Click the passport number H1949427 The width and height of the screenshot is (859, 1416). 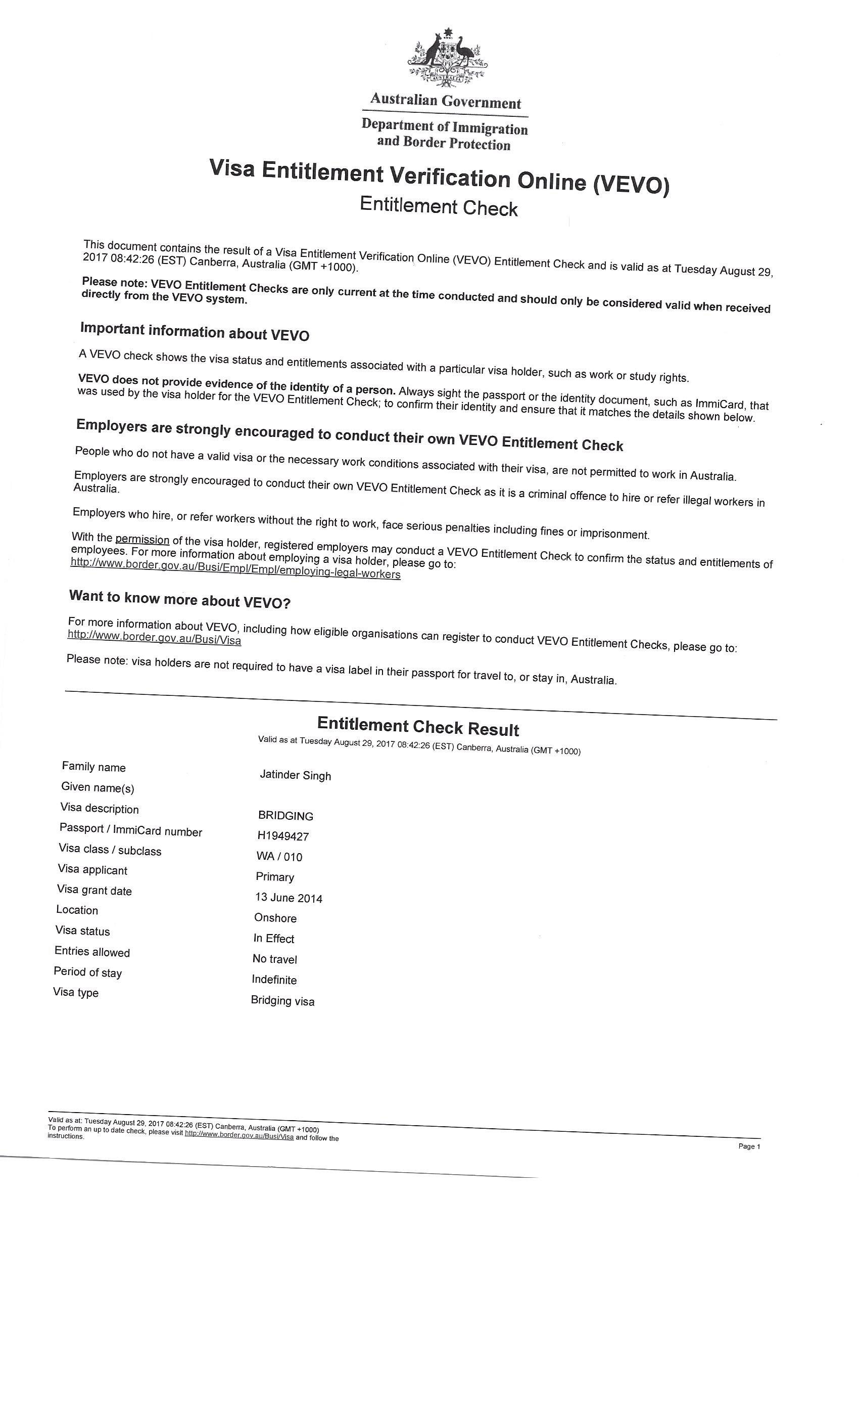tap(283, 836)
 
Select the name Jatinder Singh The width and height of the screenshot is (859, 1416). tap(295, 775)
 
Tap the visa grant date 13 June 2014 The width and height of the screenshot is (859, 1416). tap(289, 898)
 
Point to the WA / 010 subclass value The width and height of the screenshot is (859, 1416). tap(279, 856)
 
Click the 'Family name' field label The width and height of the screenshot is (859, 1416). tap(93, 767)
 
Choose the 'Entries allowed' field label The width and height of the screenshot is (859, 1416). tap(92, 952)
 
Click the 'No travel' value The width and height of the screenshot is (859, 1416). tap(274, 958)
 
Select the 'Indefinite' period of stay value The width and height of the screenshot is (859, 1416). tap(274, 979)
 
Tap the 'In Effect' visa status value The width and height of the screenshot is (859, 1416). tap(274, 939)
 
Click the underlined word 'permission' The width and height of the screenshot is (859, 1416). tap(142, 540)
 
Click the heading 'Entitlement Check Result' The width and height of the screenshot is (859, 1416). tap(418, 726)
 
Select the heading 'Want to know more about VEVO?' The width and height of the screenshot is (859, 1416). tap(180, 599)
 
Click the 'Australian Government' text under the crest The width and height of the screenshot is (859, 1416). tap(446, 101)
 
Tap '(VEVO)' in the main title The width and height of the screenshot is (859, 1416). tap(632, 185)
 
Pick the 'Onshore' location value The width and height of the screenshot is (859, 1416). tap(275, 918)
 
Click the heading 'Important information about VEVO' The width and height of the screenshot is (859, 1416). tap(195, 332)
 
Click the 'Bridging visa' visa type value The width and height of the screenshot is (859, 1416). tap(282, 1000)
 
